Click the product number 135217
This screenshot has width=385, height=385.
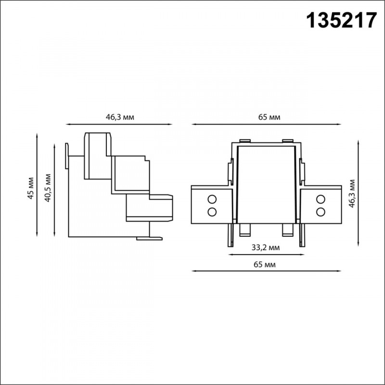(341, 21)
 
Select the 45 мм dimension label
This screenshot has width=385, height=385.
(30, 188)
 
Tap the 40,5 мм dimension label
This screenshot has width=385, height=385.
(48, 188)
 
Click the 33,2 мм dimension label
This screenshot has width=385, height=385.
(266, 247)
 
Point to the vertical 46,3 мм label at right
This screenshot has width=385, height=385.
(352, 194)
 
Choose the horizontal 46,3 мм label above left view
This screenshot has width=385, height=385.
(120, 117)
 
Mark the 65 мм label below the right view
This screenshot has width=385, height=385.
(264, 264)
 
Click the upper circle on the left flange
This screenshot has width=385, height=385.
(212, 199)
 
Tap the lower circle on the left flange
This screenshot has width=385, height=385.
(212, 212)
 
